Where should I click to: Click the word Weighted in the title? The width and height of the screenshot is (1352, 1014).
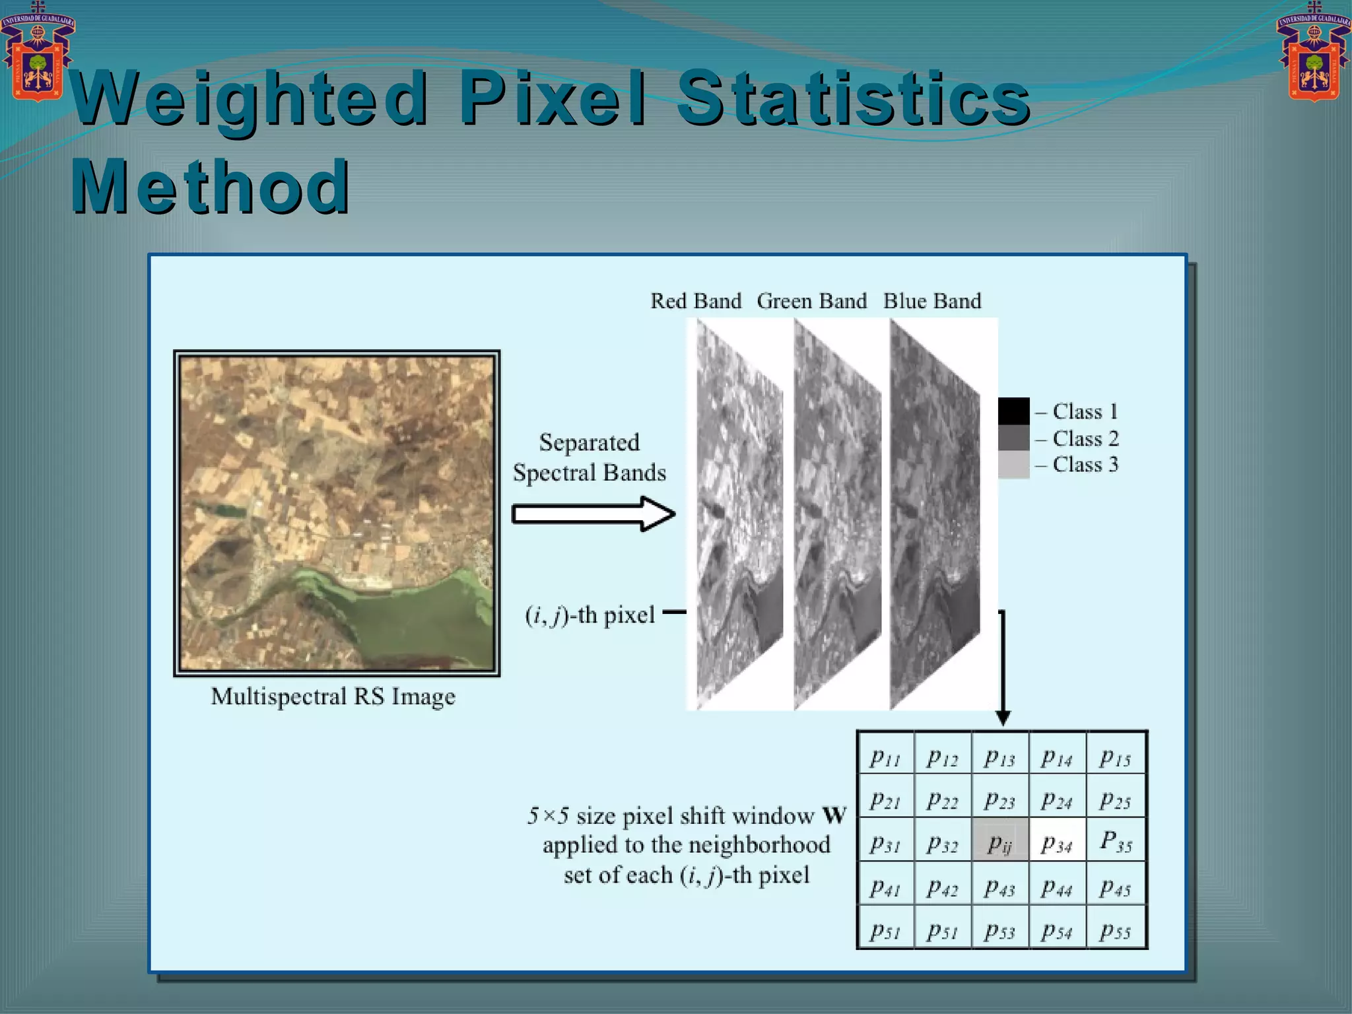point(250,99)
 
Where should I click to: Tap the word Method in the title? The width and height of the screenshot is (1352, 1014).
point(210,187)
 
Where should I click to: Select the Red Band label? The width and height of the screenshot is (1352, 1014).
point(696,301)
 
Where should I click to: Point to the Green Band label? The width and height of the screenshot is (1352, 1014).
point(811,301)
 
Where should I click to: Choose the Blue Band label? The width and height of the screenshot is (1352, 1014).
point(932,301)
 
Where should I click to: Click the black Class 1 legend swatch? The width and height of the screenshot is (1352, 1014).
point(1013,411)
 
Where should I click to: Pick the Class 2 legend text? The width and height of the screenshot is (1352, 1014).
point(1085,438)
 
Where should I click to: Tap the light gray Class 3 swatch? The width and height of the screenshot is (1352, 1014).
point(1013,465)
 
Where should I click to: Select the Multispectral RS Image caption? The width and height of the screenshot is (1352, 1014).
point(333,696)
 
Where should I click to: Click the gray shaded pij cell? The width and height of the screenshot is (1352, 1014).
point(1000,840)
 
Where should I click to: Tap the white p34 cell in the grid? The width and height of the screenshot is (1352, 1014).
point(1058,840)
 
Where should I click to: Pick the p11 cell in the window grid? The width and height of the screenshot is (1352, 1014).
point(885,753)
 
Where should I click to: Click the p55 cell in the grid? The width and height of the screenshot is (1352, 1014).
point(1116,928)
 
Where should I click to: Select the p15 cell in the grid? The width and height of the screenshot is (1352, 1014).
point(1116,753)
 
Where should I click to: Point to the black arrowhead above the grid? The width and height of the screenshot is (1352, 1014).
point(1003,718)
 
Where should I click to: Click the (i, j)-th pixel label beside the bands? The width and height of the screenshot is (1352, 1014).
point(590,615)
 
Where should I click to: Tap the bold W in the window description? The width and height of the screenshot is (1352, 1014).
point(834,815)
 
